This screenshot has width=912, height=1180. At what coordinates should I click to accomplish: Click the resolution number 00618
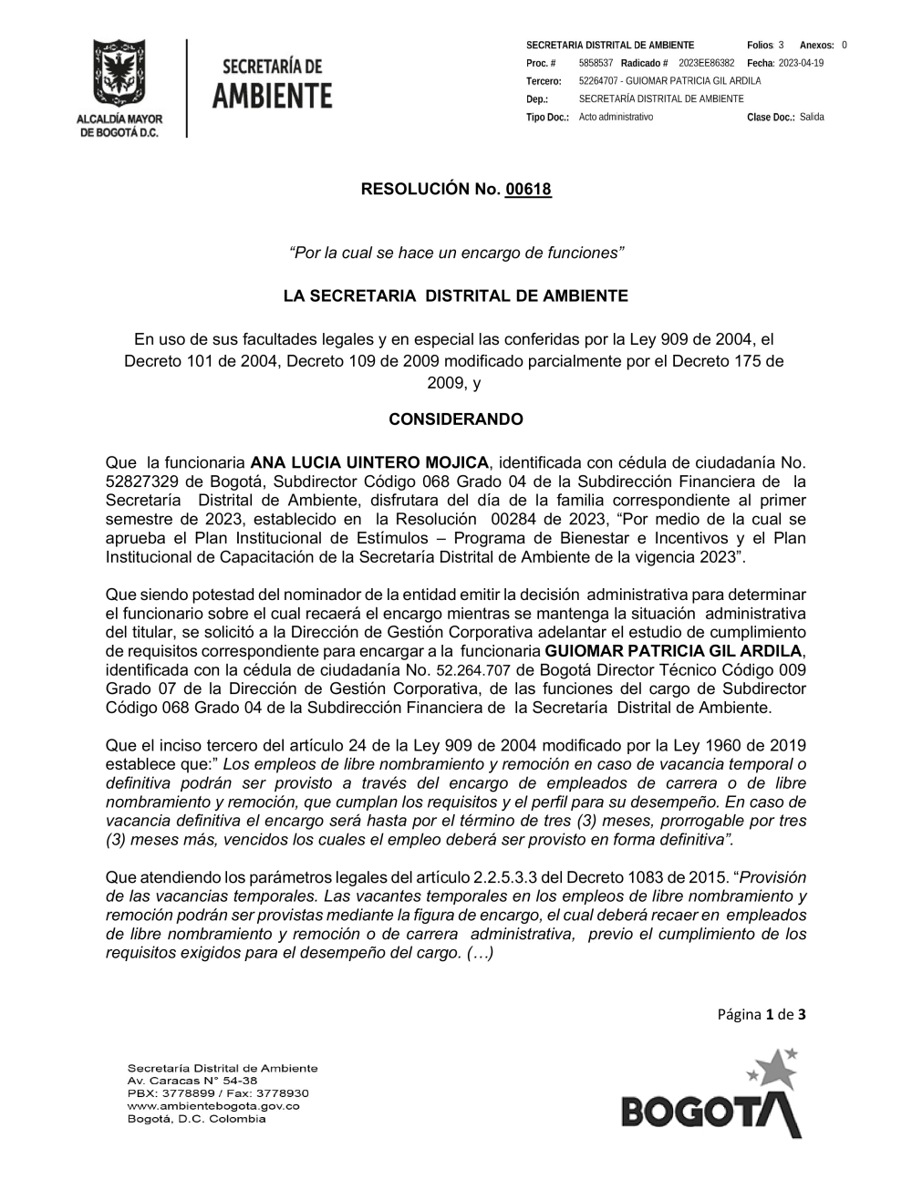(528, 190)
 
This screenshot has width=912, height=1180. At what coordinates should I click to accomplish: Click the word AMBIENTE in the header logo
(272, 96)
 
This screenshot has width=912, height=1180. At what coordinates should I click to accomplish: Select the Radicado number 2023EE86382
(706, 63)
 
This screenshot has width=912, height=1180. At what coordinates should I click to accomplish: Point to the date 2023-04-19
(801, 63)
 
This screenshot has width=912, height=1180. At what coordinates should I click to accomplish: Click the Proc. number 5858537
(596, 63)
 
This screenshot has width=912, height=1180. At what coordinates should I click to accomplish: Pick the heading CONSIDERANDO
(456, 419)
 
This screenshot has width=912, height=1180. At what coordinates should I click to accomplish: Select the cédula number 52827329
(142, 481)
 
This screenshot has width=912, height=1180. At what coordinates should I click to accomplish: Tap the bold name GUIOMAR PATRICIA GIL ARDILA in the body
(673, 651)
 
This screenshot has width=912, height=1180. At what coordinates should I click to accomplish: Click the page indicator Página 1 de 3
(762, 1014)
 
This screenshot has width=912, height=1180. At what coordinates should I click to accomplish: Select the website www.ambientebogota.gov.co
(213, 1106)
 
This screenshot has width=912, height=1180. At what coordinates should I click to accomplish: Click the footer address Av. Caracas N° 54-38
(192, 1081)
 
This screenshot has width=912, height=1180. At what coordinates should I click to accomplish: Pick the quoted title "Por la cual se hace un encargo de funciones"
(456, 253)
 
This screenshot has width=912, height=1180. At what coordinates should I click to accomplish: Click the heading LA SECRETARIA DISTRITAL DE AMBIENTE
(456, 296)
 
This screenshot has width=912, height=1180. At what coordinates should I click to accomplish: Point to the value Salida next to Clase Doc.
(812, 117)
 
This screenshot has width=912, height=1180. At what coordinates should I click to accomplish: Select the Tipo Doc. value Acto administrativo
(616, 117)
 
